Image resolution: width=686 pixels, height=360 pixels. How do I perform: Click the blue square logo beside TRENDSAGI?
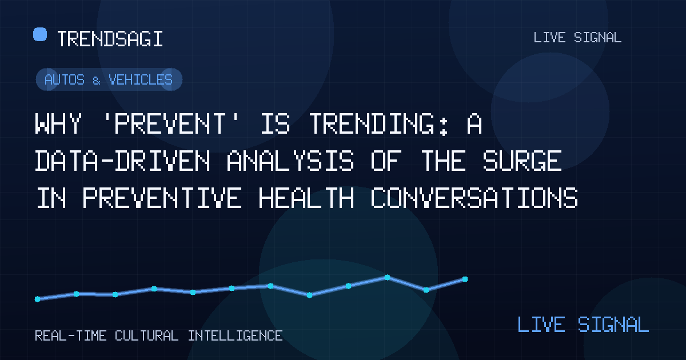coord(40,34)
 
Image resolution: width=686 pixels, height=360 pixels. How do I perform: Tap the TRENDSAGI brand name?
coord(110,39)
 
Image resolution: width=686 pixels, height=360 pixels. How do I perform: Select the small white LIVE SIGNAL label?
coord(577,38)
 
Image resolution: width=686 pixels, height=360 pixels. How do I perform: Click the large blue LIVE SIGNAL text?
coord(583,325)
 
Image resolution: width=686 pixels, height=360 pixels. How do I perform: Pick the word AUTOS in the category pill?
coord(64,79)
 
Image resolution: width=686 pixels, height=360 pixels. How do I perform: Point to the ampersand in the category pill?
coord(97,81)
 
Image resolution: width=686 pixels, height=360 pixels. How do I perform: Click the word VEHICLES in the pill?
coord(141,79)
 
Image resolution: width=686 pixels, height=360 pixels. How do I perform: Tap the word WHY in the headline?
coord(58,123)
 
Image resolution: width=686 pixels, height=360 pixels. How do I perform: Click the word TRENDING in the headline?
coord(380,123)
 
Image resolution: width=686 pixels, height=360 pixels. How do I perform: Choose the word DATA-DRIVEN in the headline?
coord(122,161)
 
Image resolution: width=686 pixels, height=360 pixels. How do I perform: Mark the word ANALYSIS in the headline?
coord(290,161)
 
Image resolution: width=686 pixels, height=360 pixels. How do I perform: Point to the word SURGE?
coord(522,161)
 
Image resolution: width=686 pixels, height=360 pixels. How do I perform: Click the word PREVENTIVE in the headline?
coord(162,198)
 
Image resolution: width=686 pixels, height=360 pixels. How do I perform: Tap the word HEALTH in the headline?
coord(306,198)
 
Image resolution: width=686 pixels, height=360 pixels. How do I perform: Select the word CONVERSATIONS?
coord(474,198)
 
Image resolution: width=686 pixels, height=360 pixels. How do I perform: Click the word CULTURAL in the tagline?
coord(147,336)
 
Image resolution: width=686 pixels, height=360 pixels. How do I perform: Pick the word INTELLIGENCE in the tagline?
coord(235,336)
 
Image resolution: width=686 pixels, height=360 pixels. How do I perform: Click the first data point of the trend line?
coord(37,299)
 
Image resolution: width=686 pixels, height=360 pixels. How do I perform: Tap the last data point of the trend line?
coord(465,279)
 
